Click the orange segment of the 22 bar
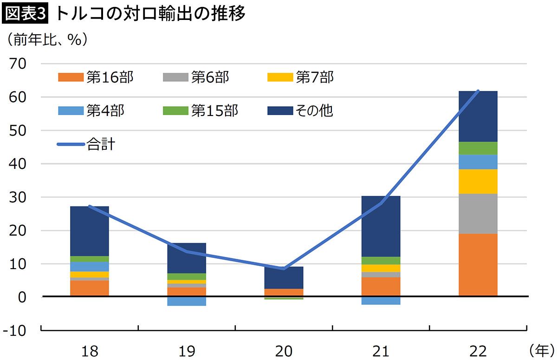pyautogui.click(x=478, y=264)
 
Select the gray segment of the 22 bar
pyautogui.click(x=478, y=213)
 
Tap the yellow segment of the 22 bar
pyautogui.click(x=478, y=181)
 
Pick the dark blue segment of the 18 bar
pyautogui.click(x=89, y=231)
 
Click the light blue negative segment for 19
pyautogui.click(x=187, y=301)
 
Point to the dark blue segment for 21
pyautogui.click(x=381, y=226)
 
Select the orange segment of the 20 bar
pyautogui.click(x=284, y=292)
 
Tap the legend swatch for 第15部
pyautogui.click(x=176, y=111)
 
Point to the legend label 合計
pyautogui.click(x=101, y=144)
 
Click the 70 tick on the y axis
pyautogui.click(x=17, y=64)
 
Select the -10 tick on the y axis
pyautogui.click(x=15, y=331)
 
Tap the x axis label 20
pyautogui.click(x=284, y=351)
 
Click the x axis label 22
pyautogui.click(x=478, y=351)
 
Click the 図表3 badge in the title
pyautogui.click(x=26, y=15)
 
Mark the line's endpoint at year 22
pyautogui.click(x=478, y=91)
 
